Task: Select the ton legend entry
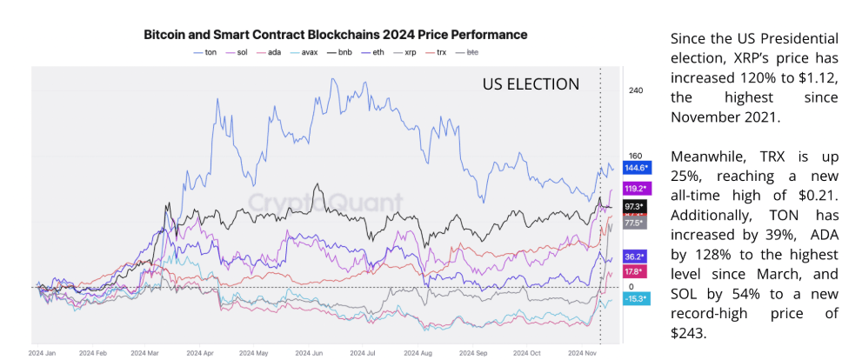pyautogui.click(x=204, y=53)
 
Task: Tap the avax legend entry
pyautogui.click(x=308, y=53)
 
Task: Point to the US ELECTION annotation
pyautogui.click(x=531, y=84)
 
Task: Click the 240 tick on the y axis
pyautogui.click(x=635, y=90)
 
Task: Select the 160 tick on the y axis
pyautogui.click(x=635, y=157)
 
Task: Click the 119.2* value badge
pyautogui.click(x=636, y=188)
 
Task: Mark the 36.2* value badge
pyautogui.click(x=636, y=257)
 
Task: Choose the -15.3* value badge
pyautogui.click(x=636, y=299)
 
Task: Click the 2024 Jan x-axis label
pyautogui.click(x=43, y=353)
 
